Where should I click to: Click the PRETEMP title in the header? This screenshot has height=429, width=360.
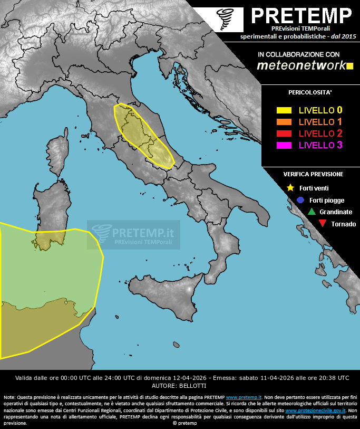300,16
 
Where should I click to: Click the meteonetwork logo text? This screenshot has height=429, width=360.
300,65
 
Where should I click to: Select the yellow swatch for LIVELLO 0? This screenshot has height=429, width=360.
284,111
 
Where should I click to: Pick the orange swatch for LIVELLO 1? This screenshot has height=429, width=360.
284,122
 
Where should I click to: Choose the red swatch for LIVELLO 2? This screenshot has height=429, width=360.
284,133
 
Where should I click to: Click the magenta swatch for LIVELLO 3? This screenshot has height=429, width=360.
284,145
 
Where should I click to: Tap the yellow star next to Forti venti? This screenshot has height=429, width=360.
290,187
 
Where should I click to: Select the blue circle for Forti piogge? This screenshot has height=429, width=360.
300,200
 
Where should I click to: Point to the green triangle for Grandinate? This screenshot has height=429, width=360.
311,212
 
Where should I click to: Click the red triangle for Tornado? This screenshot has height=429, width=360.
322,224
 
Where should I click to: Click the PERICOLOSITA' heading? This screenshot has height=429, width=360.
310,93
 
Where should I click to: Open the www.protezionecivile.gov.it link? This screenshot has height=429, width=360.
315,410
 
